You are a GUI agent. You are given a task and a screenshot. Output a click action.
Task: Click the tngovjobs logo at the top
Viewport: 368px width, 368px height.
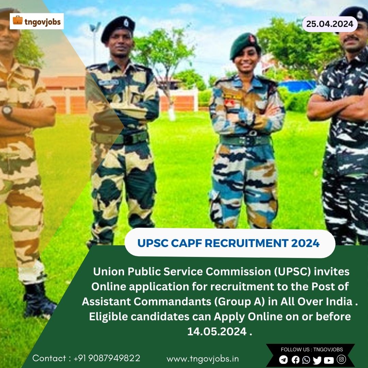pos(36,21)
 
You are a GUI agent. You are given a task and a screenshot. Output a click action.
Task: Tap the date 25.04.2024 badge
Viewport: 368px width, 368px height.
pos(330,24)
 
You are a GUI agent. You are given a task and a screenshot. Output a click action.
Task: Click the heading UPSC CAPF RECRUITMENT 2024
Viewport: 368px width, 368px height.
pos(228,243)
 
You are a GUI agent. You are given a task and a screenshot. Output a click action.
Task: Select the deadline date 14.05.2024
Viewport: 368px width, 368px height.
pos(217,332)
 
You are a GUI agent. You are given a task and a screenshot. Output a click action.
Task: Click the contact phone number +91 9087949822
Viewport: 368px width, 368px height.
pos(107,358)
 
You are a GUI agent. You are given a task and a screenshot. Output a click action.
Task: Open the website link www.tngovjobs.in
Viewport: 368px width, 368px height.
pos(203,359)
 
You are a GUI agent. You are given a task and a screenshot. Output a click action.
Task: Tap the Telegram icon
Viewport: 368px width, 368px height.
pos(283,359)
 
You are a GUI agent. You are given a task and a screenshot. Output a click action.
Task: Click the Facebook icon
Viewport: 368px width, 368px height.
pos(295,359)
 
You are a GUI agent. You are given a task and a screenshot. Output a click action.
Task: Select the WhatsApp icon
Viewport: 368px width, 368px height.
pos(306,359)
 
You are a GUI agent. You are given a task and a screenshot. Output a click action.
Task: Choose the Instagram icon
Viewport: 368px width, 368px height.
pos(341,359)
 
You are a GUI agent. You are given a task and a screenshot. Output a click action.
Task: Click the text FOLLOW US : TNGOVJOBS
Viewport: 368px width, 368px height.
pos(312,350)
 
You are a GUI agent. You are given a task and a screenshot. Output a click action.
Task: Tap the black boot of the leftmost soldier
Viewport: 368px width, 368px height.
pos(39,301)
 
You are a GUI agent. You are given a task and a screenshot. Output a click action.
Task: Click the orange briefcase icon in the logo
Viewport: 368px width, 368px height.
pos(18,20)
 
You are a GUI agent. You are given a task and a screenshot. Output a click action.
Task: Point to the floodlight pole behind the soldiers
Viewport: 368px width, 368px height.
pos(95,42)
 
